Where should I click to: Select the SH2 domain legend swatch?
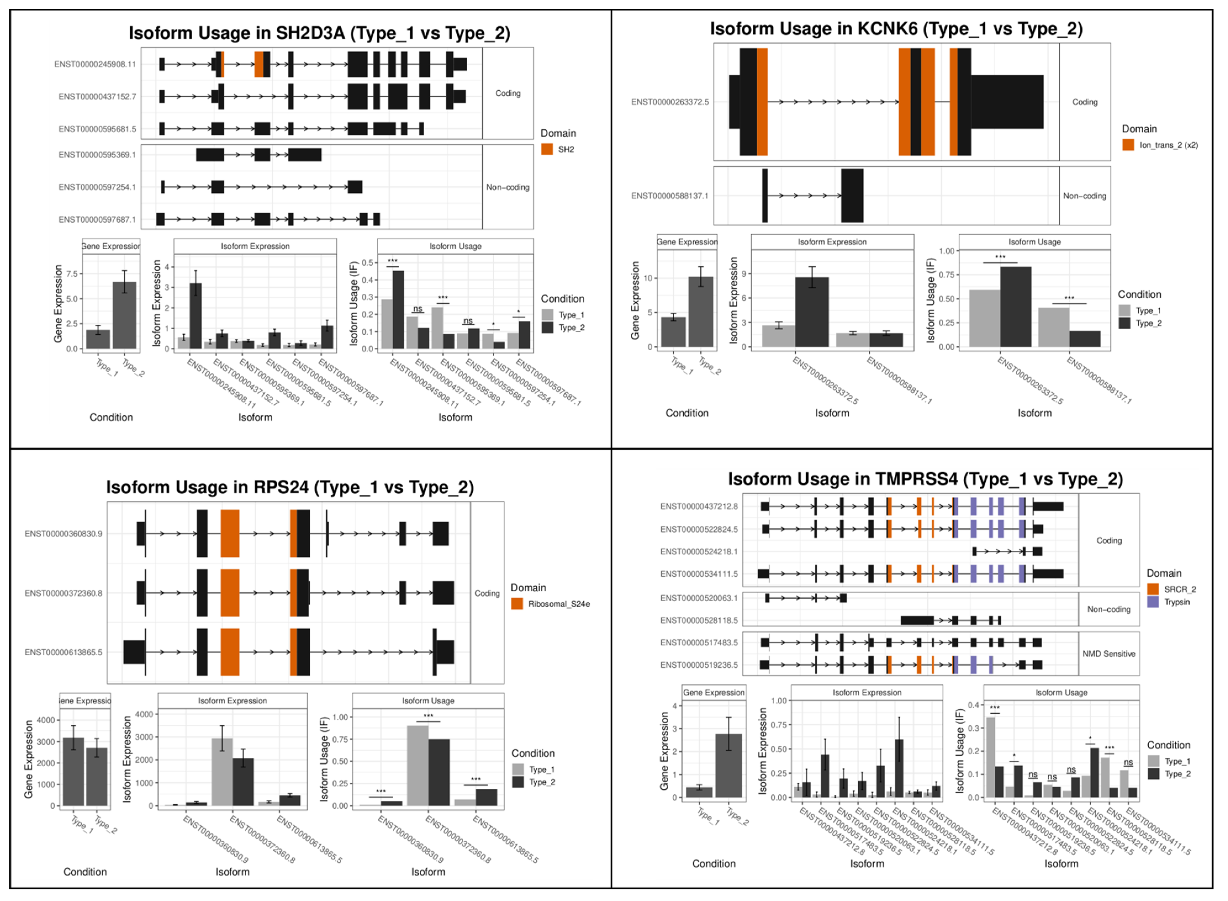coord(547,149)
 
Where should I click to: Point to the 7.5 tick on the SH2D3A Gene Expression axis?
coord(72,274)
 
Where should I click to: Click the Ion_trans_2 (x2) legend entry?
coord(1168,145)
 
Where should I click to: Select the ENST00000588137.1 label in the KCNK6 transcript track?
coord(669,196)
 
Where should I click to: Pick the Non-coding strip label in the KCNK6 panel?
coord(1084,196)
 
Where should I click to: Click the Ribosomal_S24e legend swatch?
coord(517,604)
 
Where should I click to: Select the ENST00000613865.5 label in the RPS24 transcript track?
coord(63,652)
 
